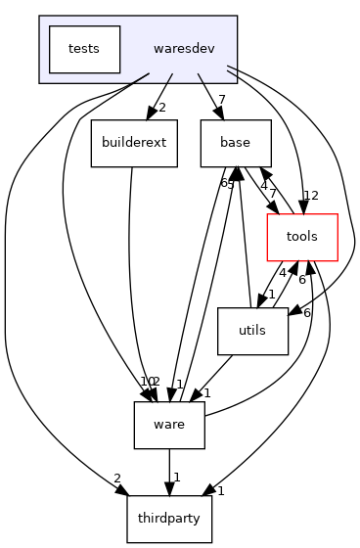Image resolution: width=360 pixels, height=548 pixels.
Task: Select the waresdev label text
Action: click(184, 48)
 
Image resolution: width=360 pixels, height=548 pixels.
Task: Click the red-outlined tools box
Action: click(303, 238)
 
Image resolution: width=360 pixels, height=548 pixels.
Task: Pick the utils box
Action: click(253, 333)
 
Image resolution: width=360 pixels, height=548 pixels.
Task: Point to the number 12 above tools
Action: click(312, 196)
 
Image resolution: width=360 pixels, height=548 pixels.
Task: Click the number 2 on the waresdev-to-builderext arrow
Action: click(162, 108)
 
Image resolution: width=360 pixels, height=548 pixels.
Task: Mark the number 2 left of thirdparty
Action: click(117, 478)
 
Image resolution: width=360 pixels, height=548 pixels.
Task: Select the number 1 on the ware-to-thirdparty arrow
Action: click(176, 478)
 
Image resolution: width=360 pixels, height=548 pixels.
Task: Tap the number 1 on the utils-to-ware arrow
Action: click(207, 392)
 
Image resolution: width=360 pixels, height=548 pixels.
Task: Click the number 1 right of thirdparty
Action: click(222, 490)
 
